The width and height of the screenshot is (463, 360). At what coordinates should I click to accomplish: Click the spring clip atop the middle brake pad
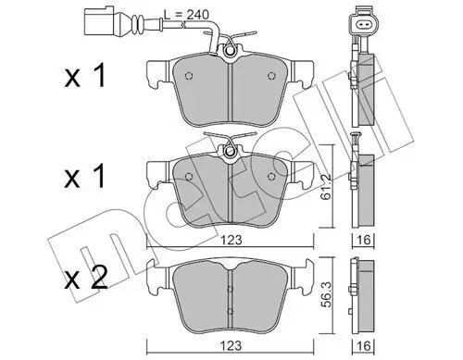click(x=231, y=146)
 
